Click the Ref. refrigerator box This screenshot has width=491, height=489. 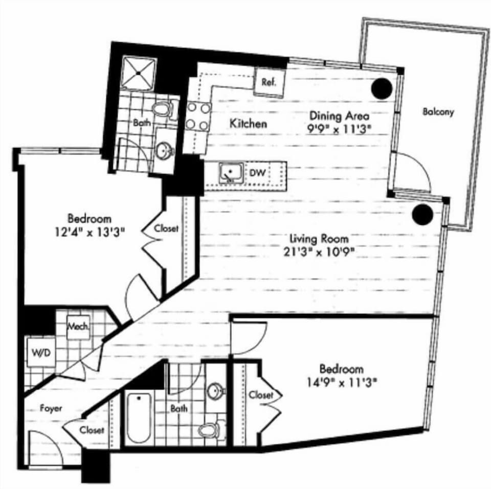point(270,82)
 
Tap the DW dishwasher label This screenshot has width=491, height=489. point(258,173)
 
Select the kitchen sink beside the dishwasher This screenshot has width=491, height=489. point(231,172)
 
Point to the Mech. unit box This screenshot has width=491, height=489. point(78,327)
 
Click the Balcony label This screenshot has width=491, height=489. point(438,112)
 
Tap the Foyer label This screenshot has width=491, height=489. point(51,408)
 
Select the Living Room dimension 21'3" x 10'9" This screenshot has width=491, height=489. point(319,251)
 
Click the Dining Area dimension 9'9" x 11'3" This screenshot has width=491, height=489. point(337,129)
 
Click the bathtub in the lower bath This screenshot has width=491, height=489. point(139,418)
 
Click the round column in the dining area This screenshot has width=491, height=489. point(382,88)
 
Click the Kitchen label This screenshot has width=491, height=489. point(249,124)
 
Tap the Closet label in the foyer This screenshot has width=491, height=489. point(92,430)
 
